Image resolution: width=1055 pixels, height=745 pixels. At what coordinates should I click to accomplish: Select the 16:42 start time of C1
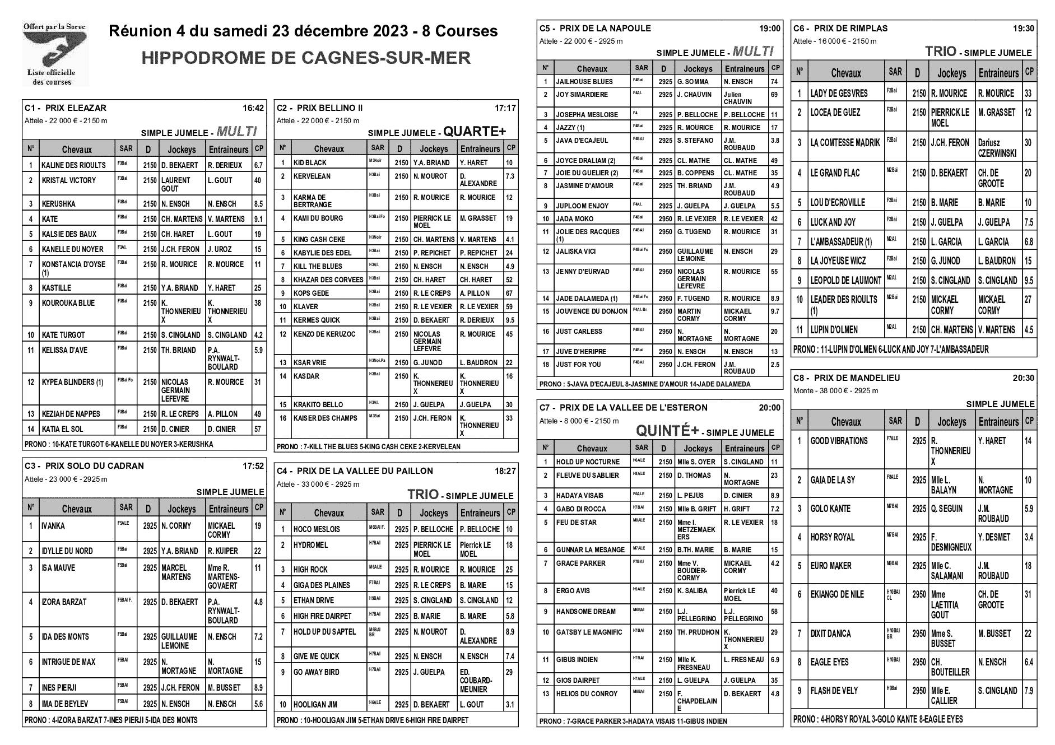click(x=253, y=108)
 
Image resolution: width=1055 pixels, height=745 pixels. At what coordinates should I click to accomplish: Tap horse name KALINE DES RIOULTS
click(x=73, y=165)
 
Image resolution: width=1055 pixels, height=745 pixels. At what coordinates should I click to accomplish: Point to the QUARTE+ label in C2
click(x=474, y=132)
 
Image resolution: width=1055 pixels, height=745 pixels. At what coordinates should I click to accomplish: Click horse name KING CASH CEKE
click(x=319, y=240)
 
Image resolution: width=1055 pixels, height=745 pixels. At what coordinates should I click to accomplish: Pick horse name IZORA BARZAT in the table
click(x=64, y=602)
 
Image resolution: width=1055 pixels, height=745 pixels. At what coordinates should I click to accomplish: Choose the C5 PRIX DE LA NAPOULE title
click(x=595, y=29)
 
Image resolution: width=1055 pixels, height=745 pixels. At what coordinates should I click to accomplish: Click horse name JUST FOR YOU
click(x=578, y=365)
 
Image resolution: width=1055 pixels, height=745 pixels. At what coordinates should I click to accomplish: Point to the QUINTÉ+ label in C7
click(x=667, y=431)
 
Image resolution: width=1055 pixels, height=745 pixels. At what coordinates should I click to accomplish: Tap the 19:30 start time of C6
click(x=1024, y=29)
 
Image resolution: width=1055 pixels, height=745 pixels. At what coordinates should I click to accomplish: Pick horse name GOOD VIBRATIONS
click(x=839, y=441)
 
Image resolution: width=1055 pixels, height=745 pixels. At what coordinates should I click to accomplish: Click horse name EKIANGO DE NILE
click(x=837, y=594)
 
